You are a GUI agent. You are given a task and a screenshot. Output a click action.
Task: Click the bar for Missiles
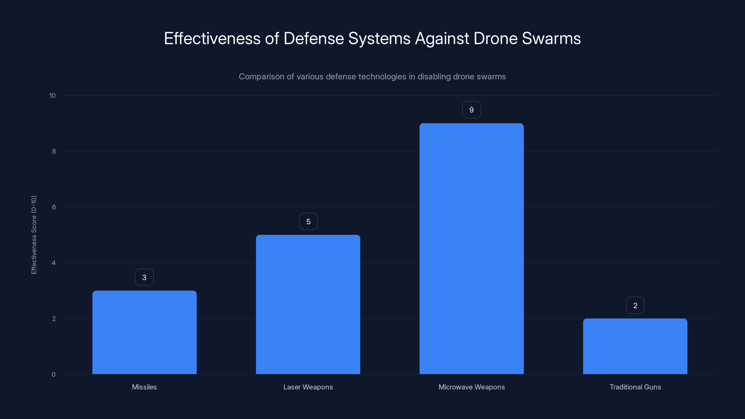(144, 333)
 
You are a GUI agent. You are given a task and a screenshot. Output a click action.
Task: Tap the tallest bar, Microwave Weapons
(471, 249)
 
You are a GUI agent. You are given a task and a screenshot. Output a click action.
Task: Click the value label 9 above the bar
(471, 110)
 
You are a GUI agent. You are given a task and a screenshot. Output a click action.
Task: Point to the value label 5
(308, 222)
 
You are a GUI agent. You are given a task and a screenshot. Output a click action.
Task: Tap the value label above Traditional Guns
(635, 305)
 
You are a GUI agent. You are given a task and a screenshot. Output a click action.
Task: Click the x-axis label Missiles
(144, 387)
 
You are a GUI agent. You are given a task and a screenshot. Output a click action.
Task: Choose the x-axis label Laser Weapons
(308, 387)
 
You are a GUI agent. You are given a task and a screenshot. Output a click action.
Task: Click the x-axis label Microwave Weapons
(471, 387)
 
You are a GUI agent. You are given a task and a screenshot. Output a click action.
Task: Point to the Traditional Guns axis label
(635, 387)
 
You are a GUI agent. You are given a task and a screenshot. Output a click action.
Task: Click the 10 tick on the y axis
(52, 95)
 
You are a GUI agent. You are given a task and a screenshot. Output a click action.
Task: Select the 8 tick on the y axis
(54, 151)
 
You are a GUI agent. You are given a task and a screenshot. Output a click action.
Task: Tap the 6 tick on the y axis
(54, 207)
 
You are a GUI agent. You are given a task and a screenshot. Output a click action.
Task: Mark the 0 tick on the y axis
(54, 375)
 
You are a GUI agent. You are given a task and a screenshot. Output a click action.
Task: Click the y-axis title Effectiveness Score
(34, 235)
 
